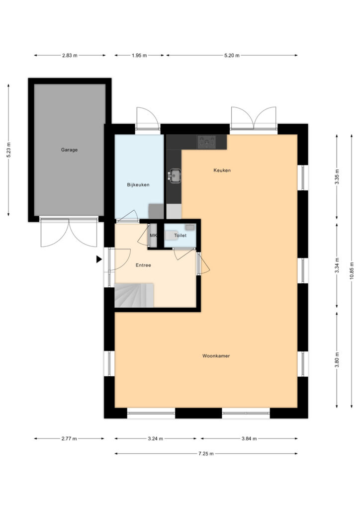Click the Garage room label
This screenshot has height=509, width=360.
(x=69, y=150)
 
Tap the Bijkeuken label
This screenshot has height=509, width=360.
(x=138, y=185)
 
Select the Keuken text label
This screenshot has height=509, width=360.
(x=222, y=170)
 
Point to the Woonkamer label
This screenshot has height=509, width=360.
(x=216, y=356)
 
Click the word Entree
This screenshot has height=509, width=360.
(x=143, y=265)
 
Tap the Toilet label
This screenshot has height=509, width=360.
(x=180, y=235)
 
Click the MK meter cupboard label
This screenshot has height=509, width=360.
(x=153, y=235)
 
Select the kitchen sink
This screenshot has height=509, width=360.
(x=175, y=175)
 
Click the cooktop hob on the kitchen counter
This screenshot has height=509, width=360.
(x=206, y=142)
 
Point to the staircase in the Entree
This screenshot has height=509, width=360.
(x=134, y=295)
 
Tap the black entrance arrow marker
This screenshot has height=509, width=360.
(x=99, y=259)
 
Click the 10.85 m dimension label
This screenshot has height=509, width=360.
(x=352, y=271)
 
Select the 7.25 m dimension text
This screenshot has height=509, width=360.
(x=206, y=453)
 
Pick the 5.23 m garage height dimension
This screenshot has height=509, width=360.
(x=9, y=150)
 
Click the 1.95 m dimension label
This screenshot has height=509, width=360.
(x=139, y=56)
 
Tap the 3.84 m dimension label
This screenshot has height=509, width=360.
(x=249, y=438)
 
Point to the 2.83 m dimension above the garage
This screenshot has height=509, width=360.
(x=70, y=56)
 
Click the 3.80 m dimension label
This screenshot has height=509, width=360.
(x=337, y=360)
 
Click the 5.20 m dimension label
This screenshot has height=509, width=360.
(x=232, y=56)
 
